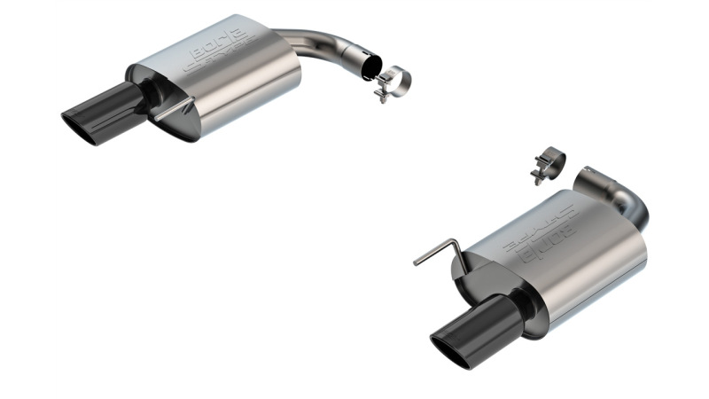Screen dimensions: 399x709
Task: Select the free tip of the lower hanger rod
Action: click(x=415, y=263)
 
